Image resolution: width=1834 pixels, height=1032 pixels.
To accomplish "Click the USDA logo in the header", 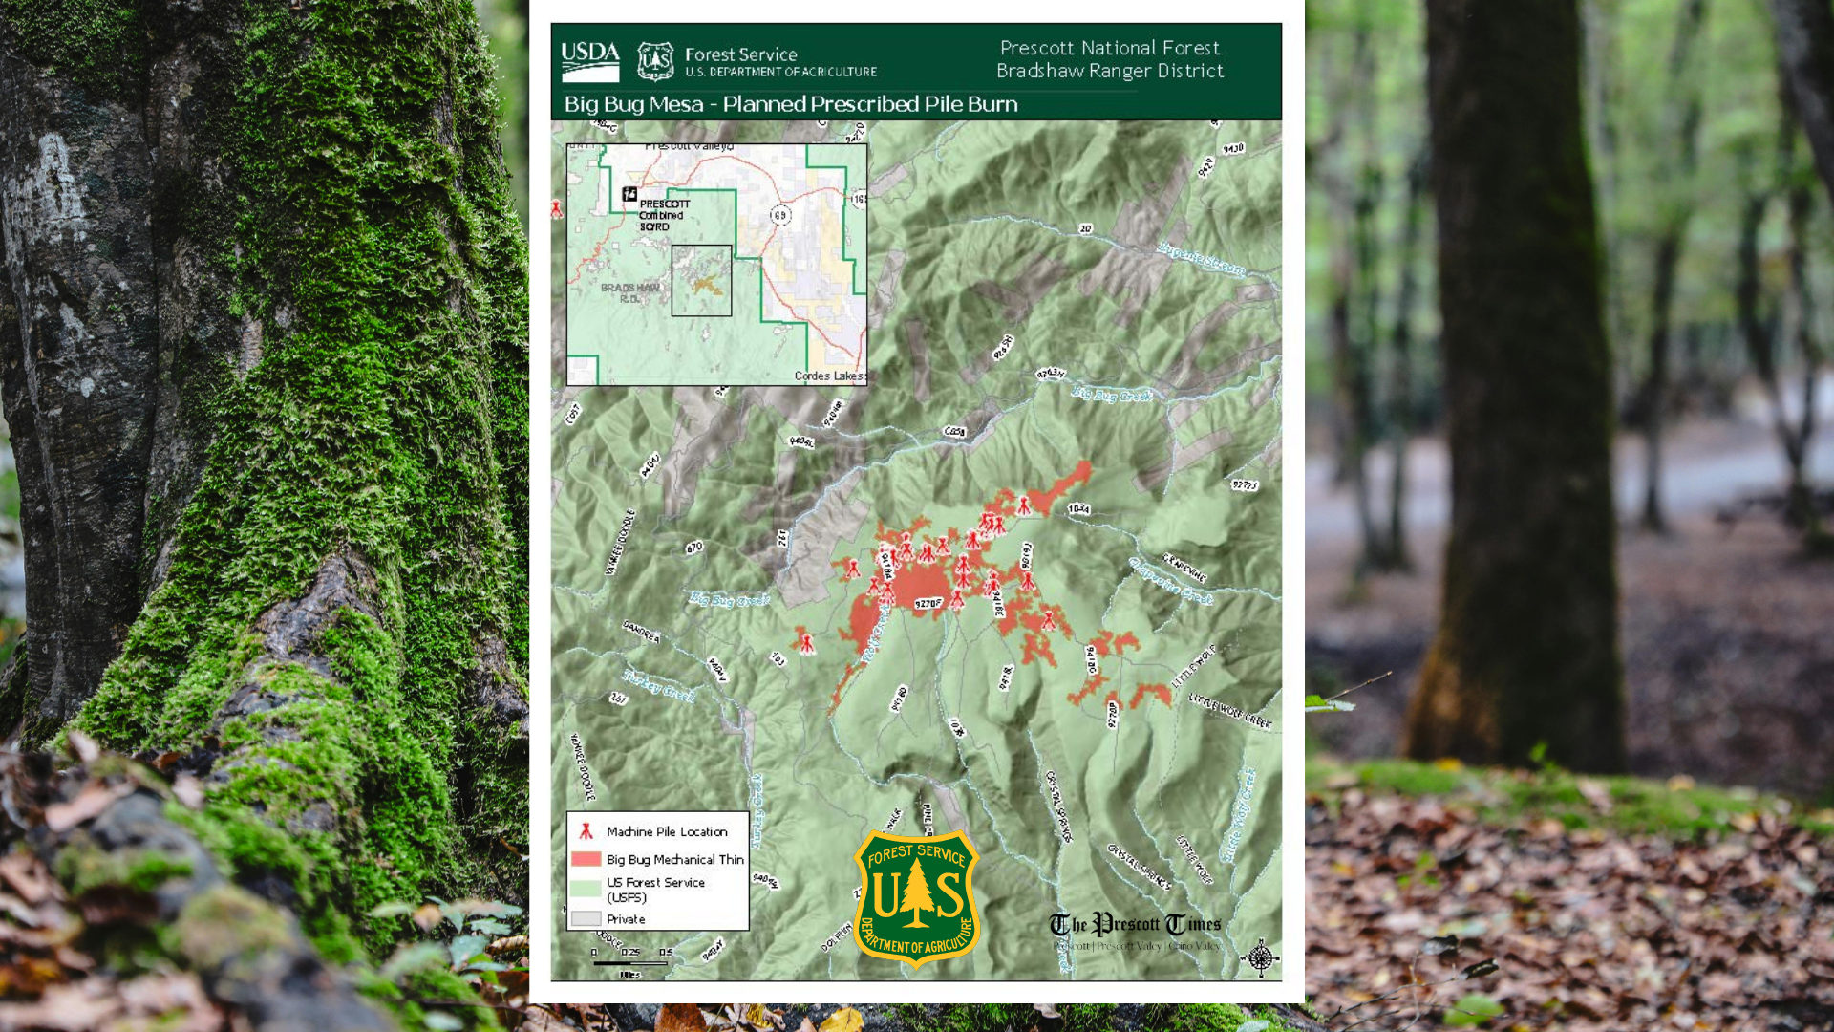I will coord(589,60).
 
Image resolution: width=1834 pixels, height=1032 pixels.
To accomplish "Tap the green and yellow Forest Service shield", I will coord(916,897).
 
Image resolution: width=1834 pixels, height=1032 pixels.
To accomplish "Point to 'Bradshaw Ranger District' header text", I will coord(1109,71).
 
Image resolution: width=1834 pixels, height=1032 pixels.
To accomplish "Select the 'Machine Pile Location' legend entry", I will coord(666,831).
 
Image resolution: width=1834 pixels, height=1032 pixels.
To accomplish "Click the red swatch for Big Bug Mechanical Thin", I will coord(586,859).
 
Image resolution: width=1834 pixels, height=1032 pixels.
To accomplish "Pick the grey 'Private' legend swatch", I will coord(586,919).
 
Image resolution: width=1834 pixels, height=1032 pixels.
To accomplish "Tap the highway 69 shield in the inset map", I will coord(780,215).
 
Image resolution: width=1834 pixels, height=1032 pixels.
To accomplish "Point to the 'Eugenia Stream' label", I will coord(1202,259).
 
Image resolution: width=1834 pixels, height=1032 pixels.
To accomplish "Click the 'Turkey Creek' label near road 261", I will coord(659,686).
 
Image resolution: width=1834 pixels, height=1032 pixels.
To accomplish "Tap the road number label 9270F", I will coord(928,603).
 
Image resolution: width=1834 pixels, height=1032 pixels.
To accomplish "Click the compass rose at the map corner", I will coord(1260,957).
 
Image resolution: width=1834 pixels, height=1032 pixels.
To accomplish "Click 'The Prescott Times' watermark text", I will coord(1135,924).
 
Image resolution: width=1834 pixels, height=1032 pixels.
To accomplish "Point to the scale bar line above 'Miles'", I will coord(629,963).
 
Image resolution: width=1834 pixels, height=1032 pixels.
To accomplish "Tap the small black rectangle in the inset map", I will coord(701,280).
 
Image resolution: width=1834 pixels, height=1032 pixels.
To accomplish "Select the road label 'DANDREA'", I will coord(641,632).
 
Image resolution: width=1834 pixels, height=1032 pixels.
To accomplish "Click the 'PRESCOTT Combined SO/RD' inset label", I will coord(663,215).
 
